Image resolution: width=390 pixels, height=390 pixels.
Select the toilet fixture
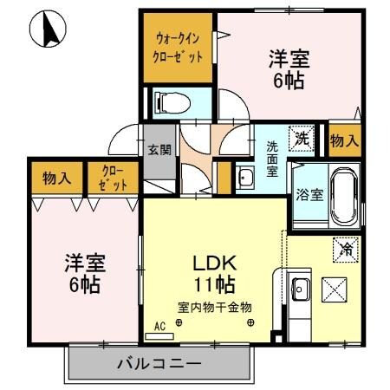167,103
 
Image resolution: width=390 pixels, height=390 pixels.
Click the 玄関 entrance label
158,148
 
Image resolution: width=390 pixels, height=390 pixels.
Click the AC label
159,327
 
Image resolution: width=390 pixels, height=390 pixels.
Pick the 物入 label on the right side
344,139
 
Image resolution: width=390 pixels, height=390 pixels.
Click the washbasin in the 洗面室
245,179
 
